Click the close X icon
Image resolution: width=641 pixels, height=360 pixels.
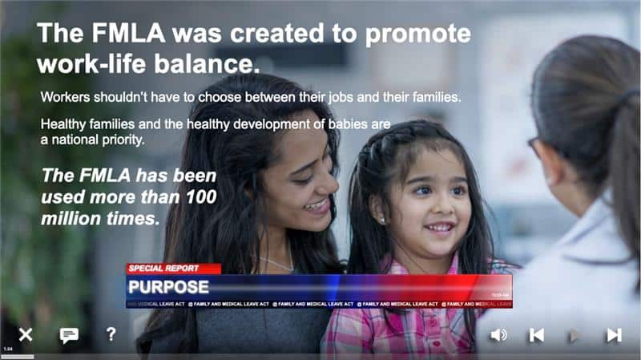[x=26, y=334]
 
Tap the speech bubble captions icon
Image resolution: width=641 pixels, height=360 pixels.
[x=69, y=335]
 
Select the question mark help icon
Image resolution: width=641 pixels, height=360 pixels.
[x=111, y=334]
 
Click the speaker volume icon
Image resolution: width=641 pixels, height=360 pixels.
[x=498, y=335]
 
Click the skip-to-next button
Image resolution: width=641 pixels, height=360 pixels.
[x=614, y=335]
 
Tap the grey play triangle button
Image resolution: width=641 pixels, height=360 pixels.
[x=574, y=335]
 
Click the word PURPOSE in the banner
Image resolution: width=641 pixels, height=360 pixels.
[x=168, y=287]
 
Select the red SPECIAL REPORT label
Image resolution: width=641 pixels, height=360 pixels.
[x=164, y=269]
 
